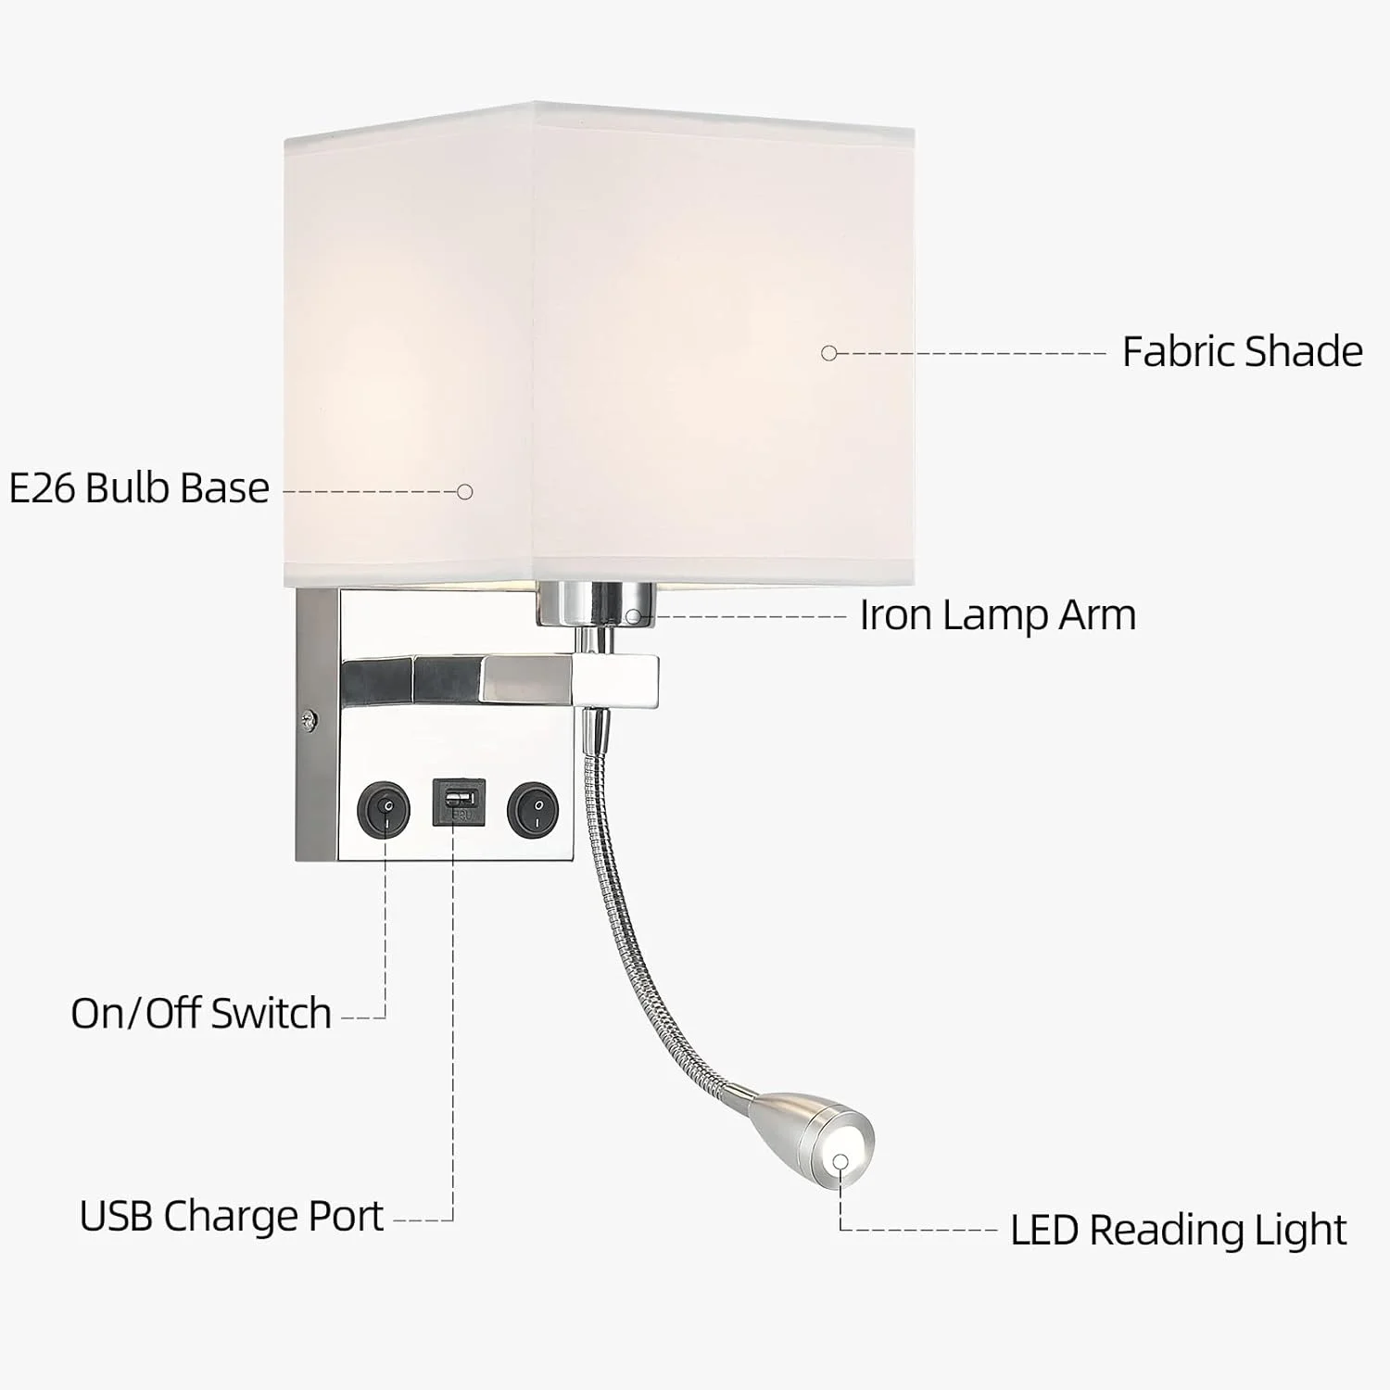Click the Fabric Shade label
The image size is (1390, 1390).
coord(1242,352)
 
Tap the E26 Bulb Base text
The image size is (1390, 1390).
coord(139,488)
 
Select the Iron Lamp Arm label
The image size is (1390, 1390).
coord(997,615)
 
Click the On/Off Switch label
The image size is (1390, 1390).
coord(201,1013)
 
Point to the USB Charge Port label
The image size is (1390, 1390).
coord(231,1216)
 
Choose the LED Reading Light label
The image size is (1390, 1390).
coord(1178,1231)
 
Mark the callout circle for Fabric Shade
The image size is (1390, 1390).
coord(829,353)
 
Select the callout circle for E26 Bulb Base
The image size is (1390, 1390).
coord(465,492)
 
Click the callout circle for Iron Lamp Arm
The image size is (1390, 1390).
coord(633,616)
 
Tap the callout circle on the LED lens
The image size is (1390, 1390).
coord(840,1162)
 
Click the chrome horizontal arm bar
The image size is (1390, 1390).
coord(500,676)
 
